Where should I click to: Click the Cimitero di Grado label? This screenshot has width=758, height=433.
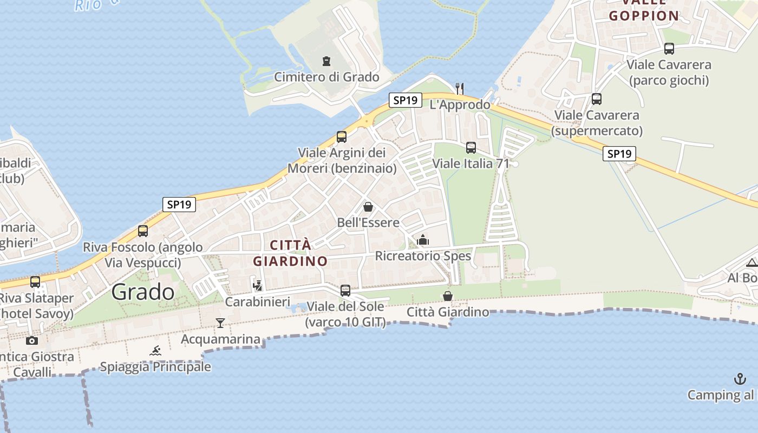[x=326, y=77]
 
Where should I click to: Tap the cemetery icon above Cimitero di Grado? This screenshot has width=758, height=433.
[x=326, y=61]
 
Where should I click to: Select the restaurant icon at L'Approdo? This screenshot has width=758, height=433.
[x=460, y=88]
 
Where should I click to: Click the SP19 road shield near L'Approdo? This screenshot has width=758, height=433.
[x=405, y=100]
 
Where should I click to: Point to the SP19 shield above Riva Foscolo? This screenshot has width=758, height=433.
[x=179, y=205]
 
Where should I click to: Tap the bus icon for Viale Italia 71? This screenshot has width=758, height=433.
[x=471, y=147]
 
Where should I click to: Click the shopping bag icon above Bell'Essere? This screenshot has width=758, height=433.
[x=368, y=207]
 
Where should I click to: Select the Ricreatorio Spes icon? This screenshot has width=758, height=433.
[x=423, y=240]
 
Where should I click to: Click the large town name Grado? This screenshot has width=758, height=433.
[x=143, y=292]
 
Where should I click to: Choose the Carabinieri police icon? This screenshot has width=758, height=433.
[x=258, y=285]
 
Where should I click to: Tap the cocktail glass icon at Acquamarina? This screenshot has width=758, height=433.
[x=220, y=323]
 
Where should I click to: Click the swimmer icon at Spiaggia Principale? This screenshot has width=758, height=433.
[x=156, y=351]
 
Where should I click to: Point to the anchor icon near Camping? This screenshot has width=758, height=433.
[x=740, y=379]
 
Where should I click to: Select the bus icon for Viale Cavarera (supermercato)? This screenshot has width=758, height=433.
[x=597, y=99]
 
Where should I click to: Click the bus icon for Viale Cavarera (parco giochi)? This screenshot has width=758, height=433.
[x=669, y=49]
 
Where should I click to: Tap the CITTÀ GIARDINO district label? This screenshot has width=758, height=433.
[x=290, y=253]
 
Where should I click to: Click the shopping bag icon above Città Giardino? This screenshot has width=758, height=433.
[x=448, y=296]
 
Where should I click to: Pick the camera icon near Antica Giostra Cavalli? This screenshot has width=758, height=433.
[x=32, y=340]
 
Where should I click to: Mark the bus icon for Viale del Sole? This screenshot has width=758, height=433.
[x=345, y=291]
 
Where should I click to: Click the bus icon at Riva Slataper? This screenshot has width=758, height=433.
[x=35, y=282]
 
